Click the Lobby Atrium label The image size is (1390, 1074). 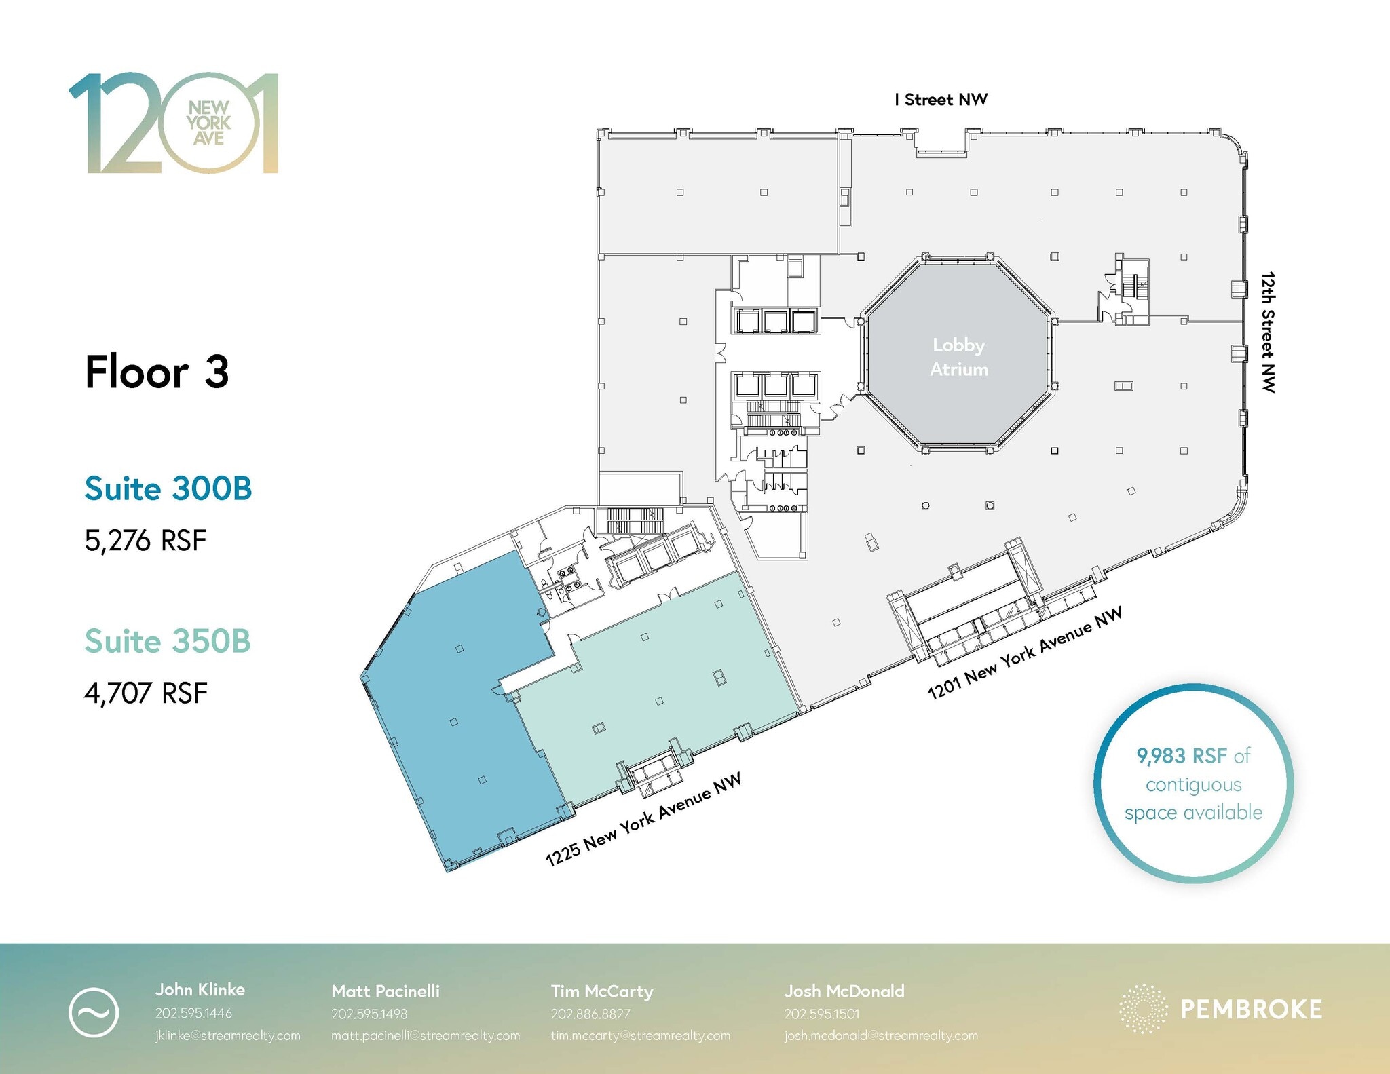coord(958,357)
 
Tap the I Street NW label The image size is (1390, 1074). coord(941,100)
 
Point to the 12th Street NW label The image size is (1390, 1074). coord(1267,332)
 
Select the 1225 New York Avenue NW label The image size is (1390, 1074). coord(643,820)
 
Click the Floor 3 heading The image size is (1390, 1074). coord(157,372)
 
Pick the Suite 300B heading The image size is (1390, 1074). coord(168,488)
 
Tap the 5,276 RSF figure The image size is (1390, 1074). coord(145,541)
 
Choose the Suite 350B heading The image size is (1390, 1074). coord(168,641)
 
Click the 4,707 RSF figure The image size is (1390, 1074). coord(145,693)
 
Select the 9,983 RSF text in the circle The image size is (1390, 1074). coord(1182,756)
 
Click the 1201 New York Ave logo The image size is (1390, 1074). coord(174,123)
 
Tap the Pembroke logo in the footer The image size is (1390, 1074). coord(1220,1009)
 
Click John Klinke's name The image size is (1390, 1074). coord(200,989)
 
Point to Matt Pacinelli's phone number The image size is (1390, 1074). coord(369,1014)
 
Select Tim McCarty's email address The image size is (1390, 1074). coord(640,1035)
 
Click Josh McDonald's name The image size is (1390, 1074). coord(844,991)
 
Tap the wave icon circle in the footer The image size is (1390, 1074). coord(94,1012)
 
